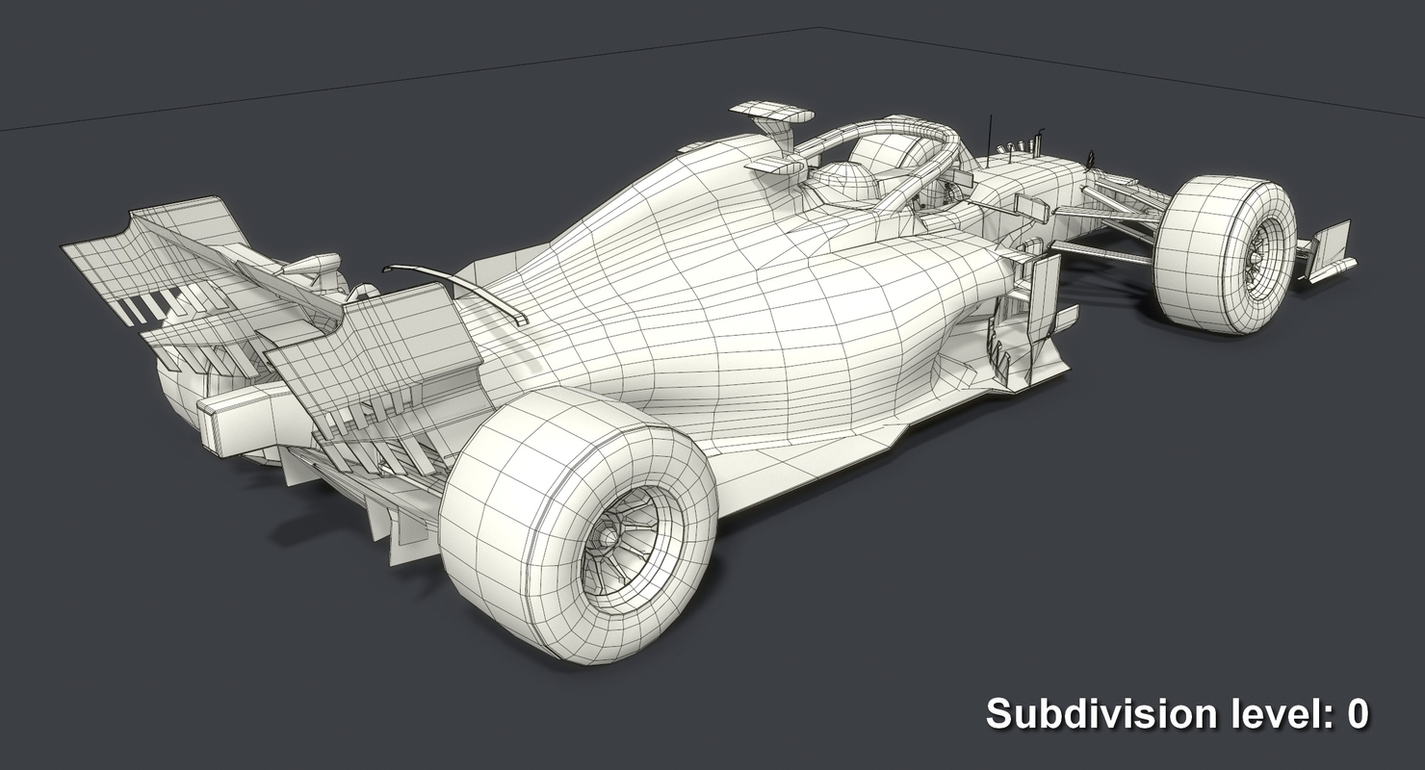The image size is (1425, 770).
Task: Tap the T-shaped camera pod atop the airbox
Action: click(x=770, y=115)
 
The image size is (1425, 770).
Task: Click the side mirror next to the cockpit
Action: click(x=1030, y=206)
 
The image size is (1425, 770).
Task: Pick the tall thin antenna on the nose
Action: click(x=991, y=135)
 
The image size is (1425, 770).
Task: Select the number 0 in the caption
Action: click(x=1357, y=714)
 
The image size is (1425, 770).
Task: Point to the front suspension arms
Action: click(x=1107, y=221)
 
